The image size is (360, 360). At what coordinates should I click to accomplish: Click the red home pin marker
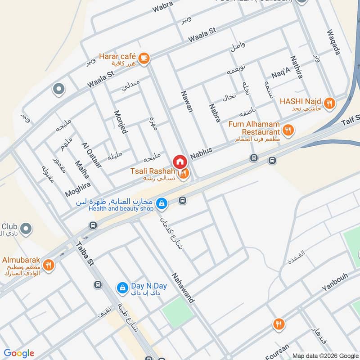pyautogui.click(x=179, y=162)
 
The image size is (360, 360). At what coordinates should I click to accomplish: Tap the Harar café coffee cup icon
pyautogui.click(x=144, y=58)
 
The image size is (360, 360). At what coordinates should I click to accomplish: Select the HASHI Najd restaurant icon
pyautogui.click(x=330, y=103)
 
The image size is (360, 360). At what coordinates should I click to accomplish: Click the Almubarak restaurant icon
pyautogui.click(x=49, y=265)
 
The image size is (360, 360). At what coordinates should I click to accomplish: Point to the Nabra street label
pyautogui.click(x=215, y=113)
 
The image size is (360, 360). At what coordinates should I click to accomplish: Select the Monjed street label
pyautogui.click(x=121, y=122)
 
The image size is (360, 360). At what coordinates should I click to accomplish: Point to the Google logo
pyautogui.click(x=19, y=353)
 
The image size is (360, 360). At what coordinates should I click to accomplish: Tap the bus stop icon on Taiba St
pyautogui.click(x=98, y=285)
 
